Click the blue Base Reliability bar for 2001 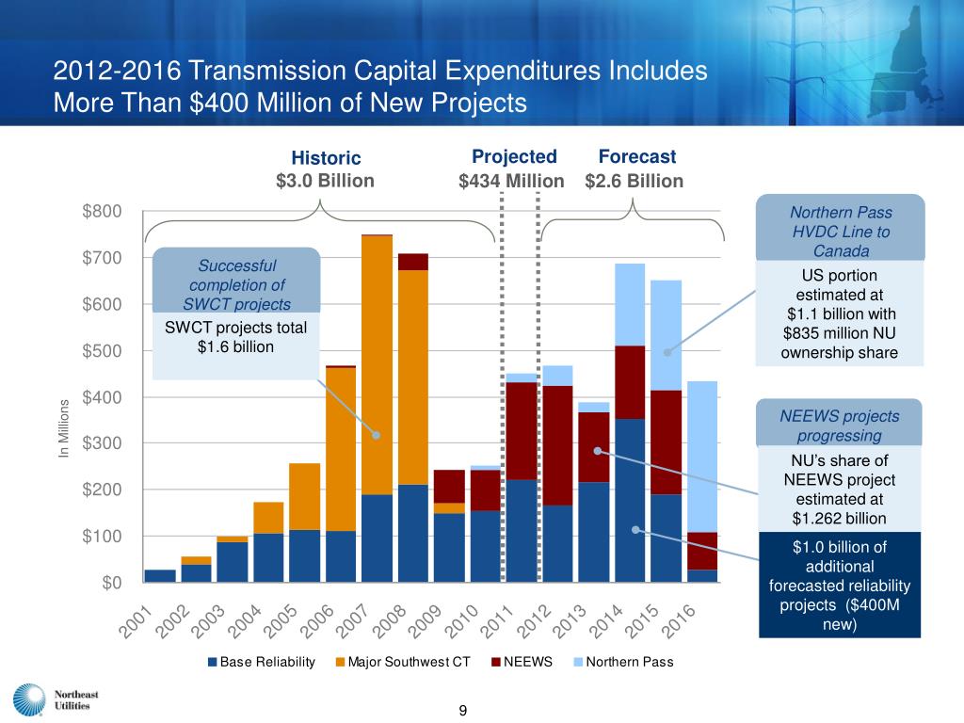pyautogui.click(x=160, y=575)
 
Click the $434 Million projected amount pyautogui.click(x=511, y=181)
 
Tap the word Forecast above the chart pyautogui.click(x=637, y=156)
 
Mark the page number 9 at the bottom pyautogui.click(x=463, y=710)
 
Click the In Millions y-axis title pyautogui.click(x=65, y=431)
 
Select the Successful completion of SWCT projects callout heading pyautogui.click(x=238, y=284)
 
